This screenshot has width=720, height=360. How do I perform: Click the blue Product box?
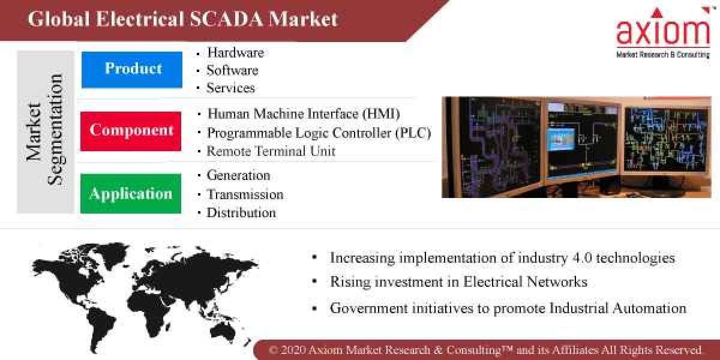(132, 69)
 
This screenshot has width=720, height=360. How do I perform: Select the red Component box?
(131, 131)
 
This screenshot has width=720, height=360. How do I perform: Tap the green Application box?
(131, 194)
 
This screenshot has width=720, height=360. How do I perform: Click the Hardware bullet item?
(235, 53)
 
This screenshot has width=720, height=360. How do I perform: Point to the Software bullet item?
(232, 70)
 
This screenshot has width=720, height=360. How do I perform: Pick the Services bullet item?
(230, 88)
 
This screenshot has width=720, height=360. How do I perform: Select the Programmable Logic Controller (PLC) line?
(319, 133)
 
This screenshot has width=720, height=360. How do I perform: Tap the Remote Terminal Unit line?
(271, 151)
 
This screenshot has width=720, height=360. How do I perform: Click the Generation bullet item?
(238, 175)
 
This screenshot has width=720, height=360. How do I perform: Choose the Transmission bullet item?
(245, 194)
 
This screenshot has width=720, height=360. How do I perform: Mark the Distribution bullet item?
(241, 212)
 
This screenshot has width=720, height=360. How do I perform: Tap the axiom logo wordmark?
(663, 33)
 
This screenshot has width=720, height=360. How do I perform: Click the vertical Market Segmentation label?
(45, 130)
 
